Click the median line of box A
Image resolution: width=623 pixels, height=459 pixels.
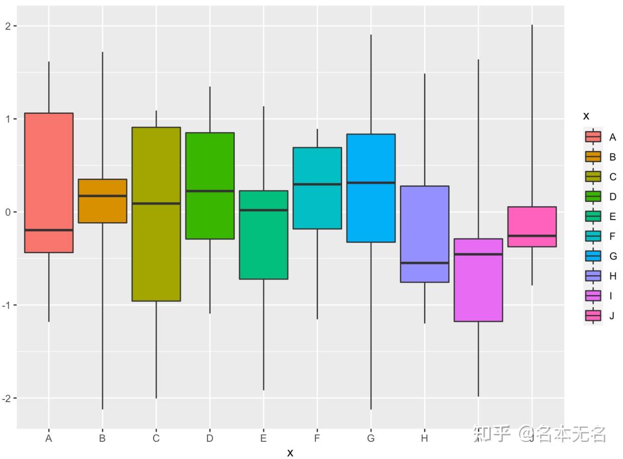click(49, 230)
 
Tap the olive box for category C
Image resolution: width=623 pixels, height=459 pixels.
click(156, 251)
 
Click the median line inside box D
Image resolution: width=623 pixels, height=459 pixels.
click(210, 191)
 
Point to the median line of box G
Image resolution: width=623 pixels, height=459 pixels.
click(371, 183)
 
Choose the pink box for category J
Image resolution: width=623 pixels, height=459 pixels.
click(532, 221)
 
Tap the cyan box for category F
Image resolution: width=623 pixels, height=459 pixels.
click(317, 206)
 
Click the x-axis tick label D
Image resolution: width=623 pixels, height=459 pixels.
click(210, 438)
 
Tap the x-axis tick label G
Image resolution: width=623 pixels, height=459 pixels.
click(371, 438)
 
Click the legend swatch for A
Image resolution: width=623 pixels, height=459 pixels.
click(593, 137)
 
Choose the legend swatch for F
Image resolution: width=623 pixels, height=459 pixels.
click(593, 236)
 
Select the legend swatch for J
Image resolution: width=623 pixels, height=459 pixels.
click(593, 315)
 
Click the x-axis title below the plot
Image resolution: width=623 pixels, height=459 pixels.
click(290, 452)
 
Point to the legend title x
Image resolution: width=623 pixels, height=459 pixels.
click(586, 116)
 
